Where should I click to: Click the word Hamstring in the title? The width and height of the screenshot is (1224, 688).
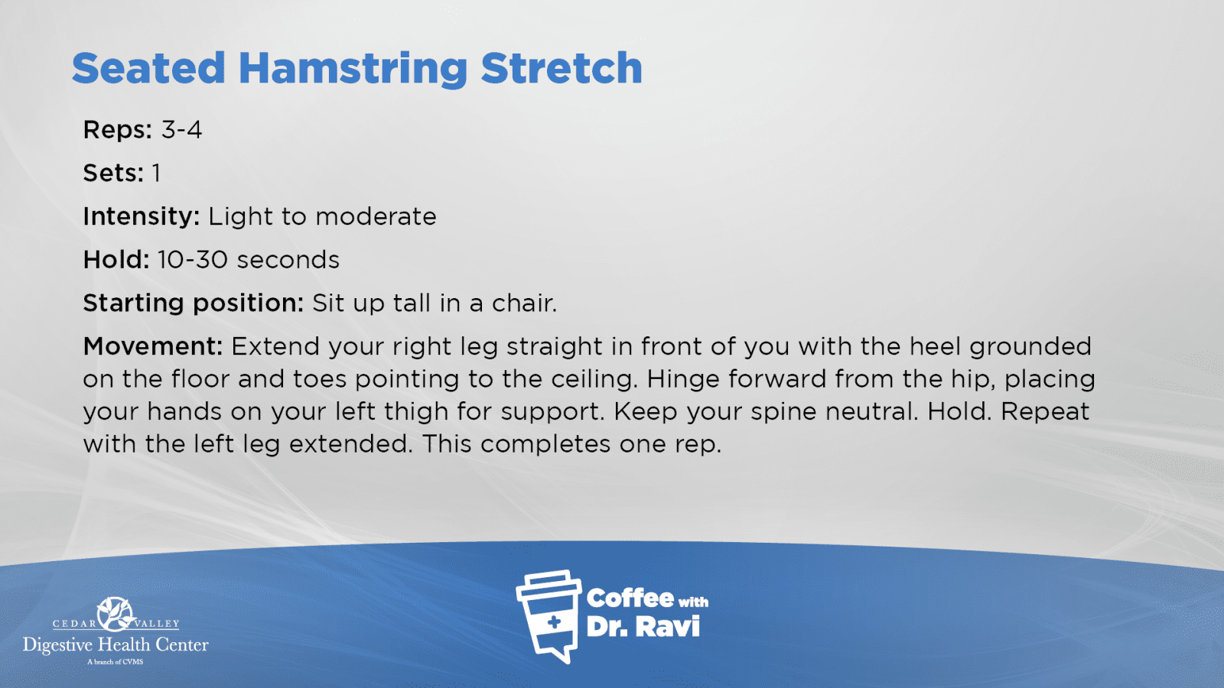point(353,70)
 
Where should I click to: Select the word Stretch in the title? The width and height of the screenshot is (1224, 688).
point(562,68)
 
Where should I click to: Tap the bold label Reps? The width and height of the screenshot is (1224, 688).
point(118,130)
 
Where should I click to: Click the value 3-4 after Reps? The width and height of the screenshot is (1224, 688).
point(181,130)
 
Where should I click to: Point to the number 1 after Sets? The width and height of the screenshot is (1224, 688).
point(156,173)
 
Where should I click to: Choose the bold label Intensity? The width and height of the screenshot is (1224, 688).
point(142,217)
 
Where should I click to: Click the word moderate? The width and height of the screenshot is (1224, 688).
point(376,217)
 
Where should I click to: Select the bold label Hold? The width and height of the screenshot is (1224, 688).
point(116,260)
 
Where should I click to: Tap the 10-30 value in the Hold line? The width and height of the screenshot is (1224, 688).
point(192,260)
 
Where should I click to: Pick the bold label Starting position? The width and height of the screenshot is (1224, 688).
point(194,303)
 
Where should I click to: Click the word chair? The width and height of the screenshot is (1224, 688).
point(524,303)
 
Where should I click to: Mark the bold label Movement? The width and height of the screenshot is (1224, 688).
point(153,346)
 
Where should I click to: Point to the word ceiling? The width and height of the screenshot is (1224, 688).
point(594,379)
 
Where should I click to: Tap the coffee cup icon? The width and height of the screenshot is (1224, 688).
point(549,616)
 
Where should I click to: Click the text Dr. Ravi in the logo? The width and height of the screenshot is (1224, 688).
point(643,627)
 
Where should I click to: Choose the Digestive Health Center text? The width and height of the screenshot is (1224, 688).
point(116,645)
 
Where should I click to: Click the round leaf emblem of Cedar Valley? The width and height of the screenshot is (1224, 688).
point(115,615)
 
